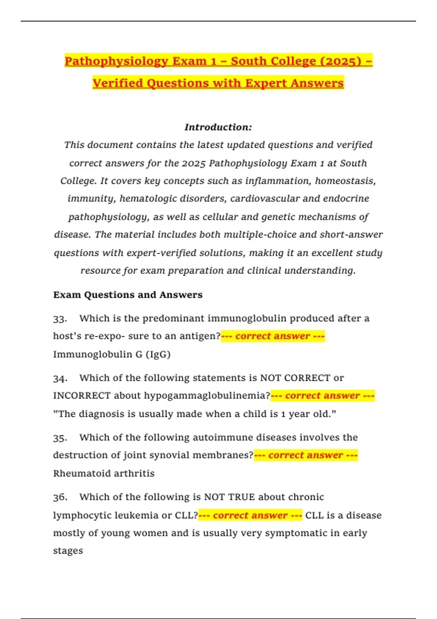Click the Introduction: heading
[218, 127]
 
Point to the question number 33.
[60, 319]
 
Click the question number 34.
[60, 378]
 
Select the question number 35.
[60, 438]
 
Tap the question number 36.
[60, 497]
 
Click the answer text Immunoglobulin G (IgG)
[112, 354]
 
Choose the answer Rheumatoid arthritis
[104, 473]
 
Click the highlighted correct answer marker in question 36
[250, 515]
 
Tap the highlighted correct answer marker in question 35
[306, 455]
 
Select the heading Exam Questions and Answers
[128, 295]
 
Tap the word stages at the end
[68, 551]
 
